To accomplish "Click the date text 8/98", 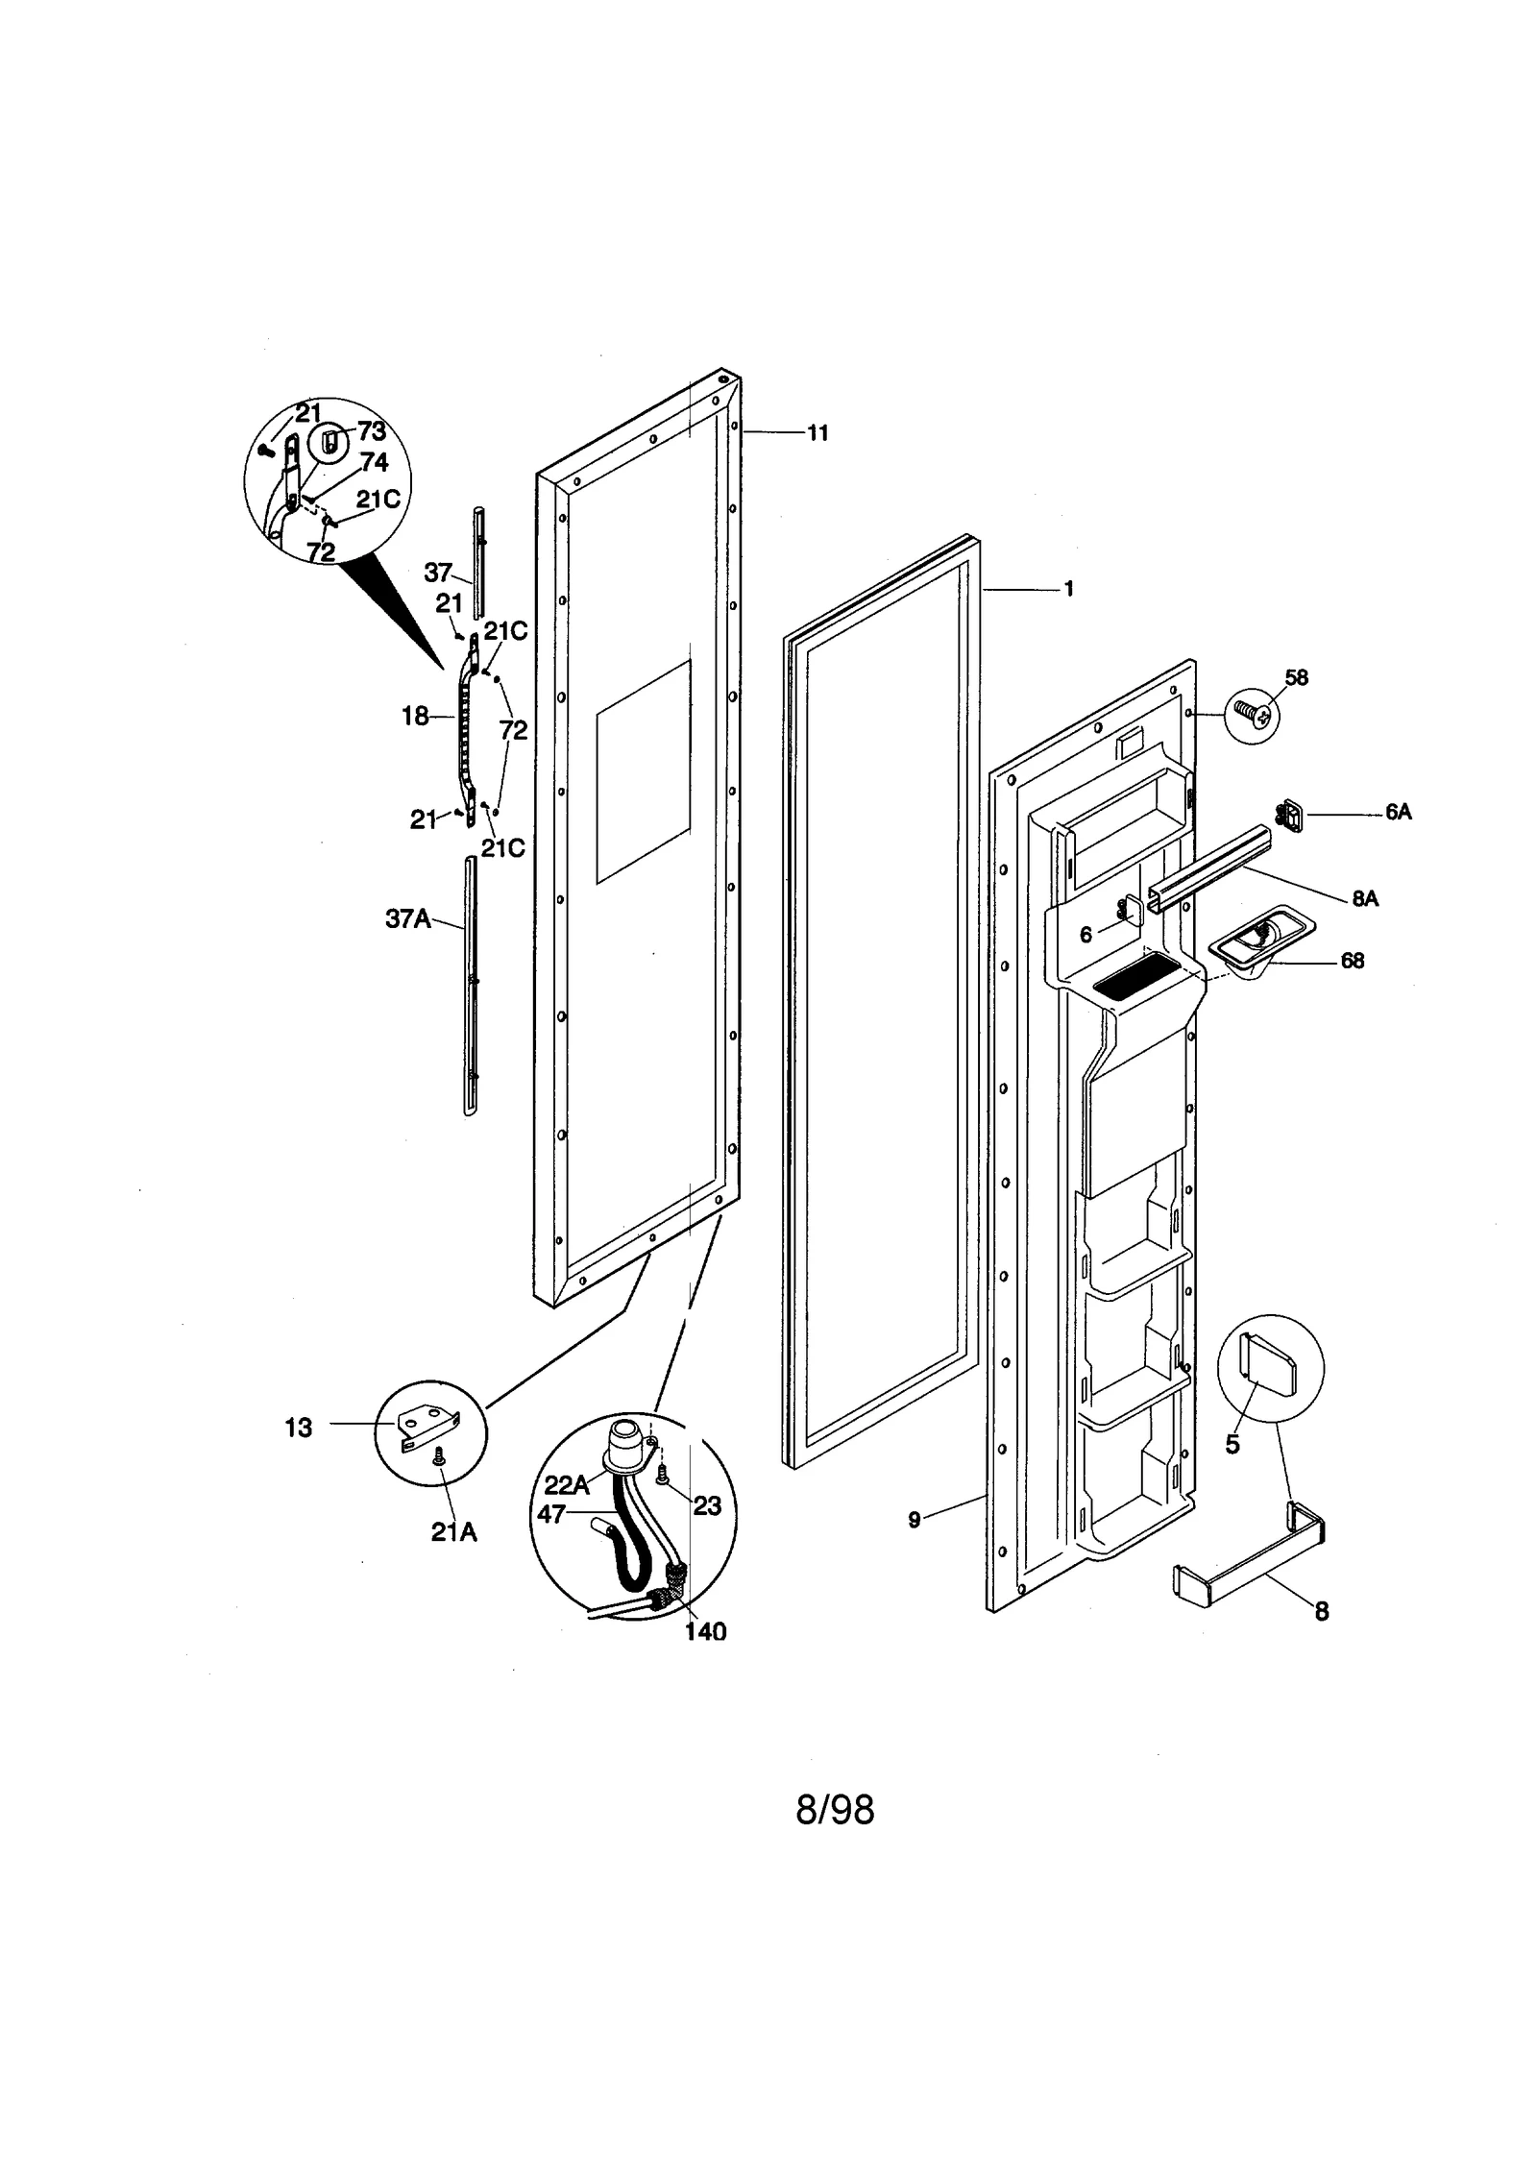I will [x=835, y=1811].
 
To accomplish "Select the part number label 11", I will [x=817, y=433].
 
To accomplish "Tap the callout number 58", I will [x=1296, y=677].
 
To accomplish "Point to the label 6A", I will [x=1398, y=813].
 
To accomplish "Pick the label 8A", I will [x=1364, y=898].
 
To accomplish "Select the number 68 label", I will [x=1352, y=961].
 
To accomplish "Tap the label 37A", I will [x=408, y=918].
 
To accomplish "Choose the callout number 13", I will [x=299, y=1429].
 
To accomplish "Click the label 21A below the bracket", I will [x=453, y=1532].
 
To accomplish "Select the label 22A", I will [x=567, y=1485].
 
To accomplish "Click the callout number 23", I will [x=707, y=1505].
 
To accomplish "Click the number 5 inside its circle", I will [x=1232, y=1445].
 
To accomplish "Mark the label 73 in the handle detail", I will [x=372, y=431].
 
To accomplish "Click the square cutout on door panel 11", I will [x=643, y=771].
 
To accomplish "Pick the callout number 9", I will [x=914, y=1519].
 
